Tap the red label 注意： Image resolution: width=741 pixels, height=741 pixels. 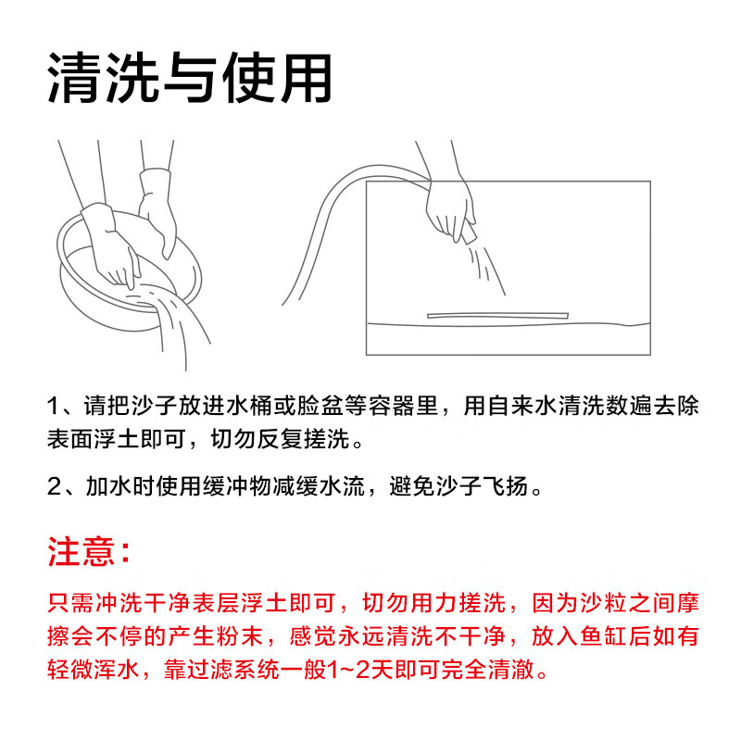click(x=90, y=552)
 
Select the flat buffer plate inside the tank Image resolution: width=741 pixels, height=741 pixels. click(x=496, y=315)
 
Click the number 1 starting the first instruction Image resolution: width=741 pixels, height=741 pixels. click(x=54, y=407)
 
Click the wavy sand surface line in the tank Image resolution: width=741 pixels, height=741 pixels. click(x=509, y=325)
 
